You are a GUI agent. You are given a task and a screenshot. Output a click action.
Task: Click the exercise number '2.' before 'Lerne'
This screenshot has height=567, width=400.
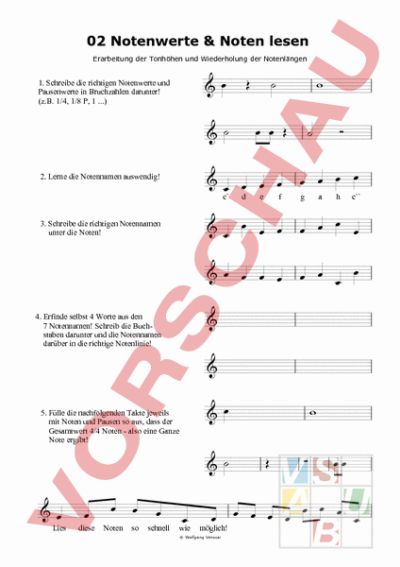coord(42,177)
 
